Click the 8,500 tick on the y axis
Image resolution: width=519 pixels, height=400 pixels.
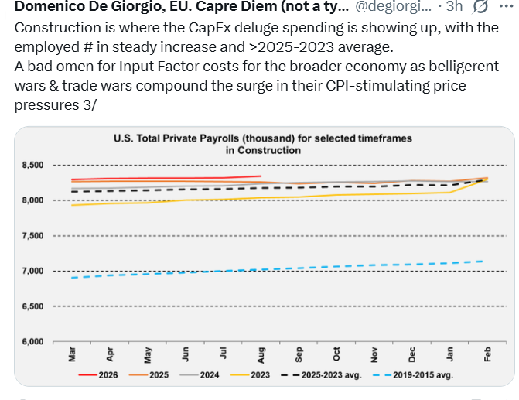32,165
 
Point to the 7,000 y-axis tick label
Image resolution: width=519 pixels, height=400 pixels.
32,271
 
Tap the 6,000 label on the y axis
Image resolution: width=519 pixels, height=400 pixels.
32,341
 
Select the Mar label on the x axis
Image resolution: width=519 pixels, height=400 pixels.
72,354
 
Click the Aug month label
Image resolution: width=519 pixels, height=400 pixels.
261,355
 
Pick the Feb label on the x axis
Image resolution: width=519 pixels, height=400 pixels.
487,354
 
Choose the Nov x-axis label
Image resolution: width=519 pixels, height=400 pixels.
374,354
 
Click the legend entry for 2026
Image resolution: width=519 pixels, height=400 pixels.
98,375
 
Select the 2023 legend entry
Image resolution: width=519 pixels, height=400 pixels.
250,375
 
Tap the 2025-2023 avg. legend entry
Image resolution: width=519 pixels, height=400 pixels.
321,375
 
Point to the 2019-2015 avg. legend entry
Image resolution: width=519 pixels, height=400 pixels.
413,375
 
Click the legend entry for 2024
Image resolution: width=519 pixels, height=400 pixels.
200,375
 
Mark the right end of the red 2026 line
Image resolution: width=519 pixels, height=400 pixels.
261,176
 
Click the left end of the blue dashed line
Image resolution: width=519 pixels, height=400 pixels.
72,278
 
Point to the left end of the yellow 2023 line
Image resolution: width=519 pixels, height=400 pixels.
72,205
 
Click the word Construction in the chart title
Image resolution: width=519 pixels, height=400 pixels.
269,150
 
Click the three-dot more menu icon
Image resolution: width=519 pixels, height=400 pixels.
506,6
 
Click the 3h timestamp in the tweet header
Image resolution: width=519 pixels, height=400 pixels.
454,6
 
